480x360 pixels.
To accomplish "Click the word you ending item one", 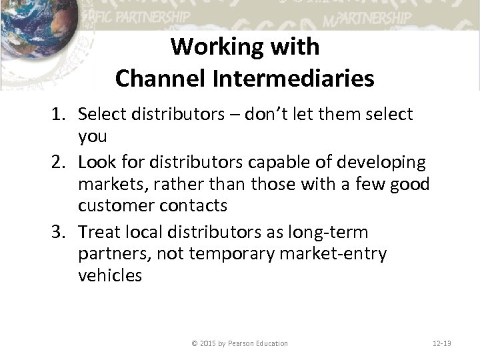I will coord(92,136).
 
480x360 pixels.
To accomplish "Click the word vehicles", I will coord(110,275).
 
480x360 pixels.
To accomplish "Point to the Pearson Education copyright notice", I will coord(239,343).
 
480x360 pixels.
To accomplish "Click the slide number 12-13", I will coord(441,343).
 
